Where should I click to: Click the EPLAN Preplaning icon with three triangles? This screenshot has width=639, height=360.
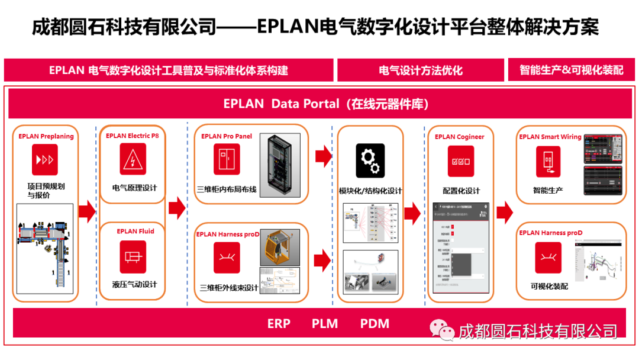[45, 160]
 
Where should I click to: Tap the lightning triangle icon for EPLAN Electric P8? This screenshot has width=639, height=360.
[133, 159]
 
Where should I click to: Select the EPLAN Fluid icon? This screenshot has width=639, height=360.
[133, 256]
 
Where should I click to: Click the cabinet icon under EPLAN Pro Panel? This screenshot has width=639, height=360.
[227, 160]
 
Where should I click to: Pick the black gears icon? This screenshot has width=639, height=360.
[370, 161]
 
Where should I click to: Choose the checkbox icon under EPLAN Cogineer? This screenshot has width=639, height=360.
[460, 161]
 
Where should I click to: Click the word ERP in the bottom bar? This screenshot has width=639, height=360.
[279, 323]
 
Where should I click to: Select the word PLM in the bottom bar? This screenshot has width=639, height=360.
[325, 323]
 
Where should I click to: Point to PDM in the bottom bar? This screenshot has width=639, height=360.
[375, 323]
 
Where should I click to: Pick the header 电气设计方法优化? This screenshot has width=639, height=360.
[420, 70]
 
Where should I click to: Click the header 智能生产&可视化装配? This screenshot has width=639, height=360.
[571, 70]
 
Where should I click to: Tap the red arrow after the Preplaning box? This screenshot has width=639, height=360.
[87, 211]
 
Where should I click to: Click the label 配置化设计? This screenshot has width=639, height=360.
[461, 191]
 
